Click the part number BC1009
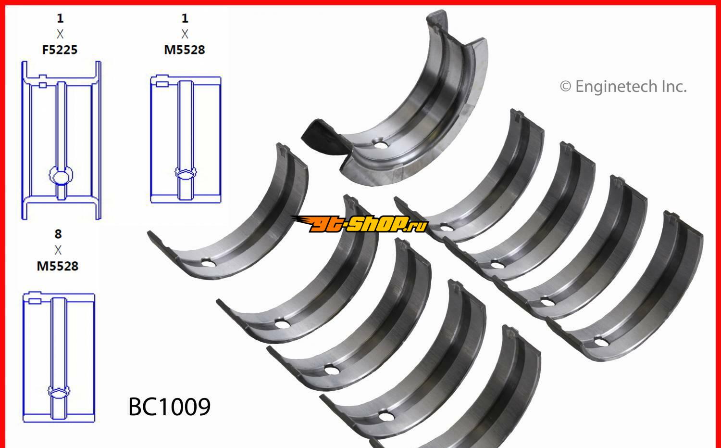click(169, 407)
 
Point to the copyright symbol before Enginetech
click(566, 87)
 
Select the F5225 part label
click(60, 50)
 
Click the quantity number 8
click(58, 234)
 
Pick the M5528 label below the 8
click(58, 266)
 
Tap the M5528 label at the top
click(185, 50)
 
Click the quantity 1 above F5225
click(60, 18)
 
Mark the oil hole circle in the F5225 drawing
click(61, 176)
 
